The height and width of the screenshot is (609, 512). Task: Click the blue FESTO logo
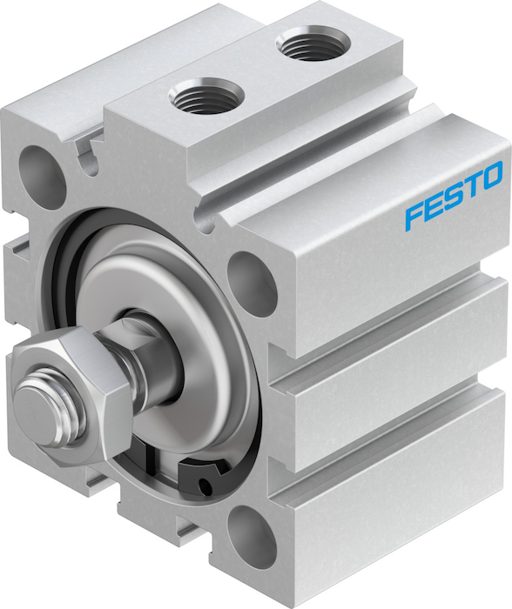point(454,196)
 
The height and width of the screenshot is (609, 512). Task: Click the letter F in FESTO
point(414,216)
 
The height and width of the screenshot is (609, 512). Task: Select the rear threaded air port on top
point(313,43)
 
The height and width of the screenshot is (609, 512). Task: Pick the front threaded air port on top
point(206,96)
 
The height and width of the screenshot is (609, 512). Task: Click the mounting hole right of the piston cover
point(252,284)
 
